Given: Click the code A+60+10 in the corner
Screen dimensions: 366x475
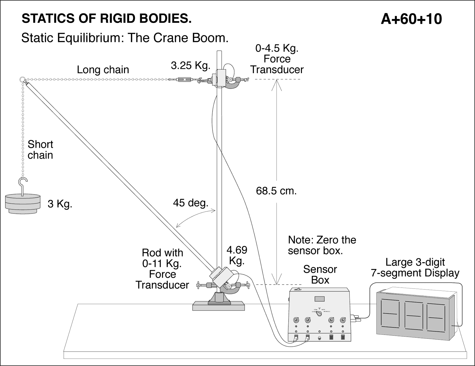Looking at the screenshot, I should point(411,19).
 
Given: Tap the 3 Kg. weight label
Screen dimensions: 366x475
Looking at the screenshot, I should point(60,204).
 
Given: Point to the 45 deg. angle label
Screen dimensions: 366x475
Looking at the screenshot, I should point(190,203).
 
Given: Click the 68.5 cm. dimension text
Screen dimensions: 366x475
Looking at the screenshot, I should point(276,191).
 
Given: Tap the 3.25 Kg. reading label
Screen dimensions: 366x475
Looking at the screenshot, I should point(190,65).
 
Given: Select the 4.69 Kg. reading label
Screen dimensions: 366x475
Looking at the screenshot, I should point(237,255).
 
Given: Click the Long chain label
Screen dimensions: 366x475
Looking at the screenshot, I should point(103,70).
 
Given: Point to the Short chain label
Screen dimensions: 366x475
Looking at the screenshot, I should point(40,150).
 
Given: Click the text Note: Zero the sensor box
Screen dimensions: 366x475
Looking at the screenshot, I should point(322,245).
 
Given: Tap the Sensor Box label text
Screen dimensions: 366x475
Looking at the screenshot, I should point(320,274).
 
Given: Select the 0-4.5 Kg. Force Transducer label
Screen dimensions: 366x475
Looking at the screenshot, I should point(277,59).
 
